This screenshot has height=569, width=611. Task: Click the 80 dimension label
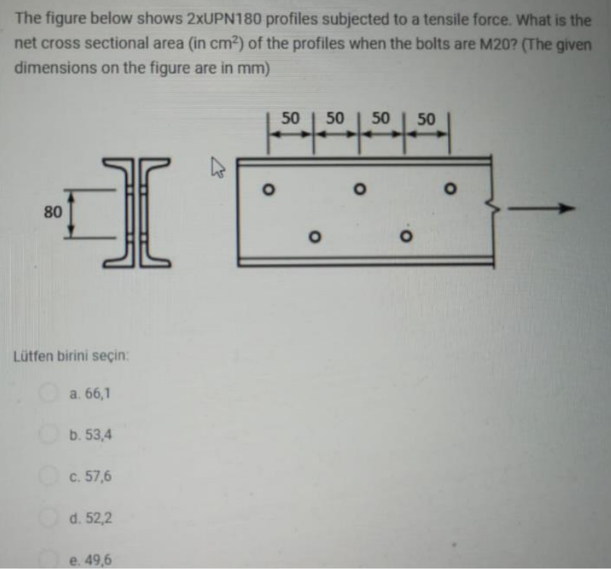(52, 212)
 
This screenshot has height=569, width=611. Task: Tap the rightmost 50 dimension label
(426, 118)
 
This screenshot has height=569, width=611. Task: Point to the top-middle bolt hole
(361, 188)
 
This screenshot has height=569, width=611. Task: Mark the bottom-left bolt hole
(312, 237)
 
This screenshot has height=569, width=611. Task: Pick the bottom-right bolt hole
(403, 237)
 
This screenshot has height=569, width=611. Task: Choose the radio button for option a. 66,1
(53, 393)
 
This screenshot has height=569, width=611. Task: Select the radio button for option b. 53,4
(53, 435)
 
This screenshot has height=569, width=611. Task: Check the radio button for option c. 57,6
(53, 477)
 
